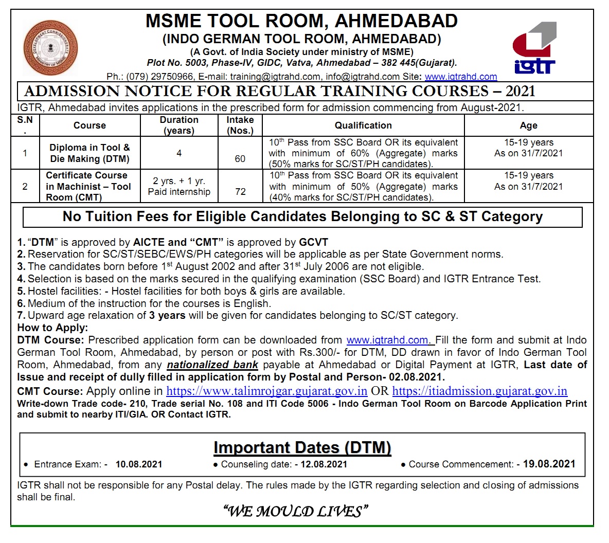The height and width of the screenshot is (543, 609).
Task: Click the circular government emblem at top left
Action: (x=50, y=48)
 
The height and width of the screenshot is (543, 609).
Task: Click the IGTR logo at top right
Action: (x=534, y=48)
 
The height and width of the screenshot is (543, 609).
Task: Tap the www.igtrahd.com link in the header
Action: (x=461, y=77)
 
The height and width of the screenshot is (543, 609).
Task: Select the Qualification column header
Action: (x=363, y=125)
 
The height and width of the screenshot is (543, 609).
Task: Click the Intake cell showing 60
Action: (x=240, y=158)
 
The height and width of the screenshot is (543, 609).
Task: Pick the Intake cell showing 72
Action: (x=240, y=191)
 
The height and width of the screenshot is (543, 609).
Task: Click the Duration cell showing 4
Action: (x=179, y=153)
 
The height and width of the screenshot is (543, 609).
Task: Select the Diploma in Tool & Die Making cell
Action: (x=89, y=153)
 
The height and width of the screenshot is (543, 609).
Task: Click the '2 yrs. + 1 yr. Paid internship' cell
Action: (x=179, y=186)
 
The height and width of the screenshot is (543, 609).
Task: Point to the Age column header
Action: (x=528, y=125)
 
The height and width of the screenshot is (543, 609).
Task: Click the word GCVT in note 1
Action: (x=314, y=242)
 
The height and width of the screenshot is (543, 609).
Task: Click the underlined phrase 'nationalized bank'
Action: (x=212, y=365)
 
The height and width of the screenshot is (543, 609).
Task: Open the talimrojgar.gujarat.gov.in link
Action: (x=267, y=391)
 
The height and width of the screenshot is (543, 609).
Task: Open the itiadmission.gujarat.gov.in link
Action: (x=479, y=391)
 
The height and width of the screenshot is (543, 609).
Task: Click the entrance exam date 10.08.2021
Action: (x=139, y=464)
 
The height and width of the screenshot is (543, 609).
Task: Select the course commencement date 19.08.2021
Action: (x=549, y=464)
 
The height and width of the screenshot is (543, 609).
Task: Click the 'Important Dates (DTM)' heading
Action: (x=302, y=447)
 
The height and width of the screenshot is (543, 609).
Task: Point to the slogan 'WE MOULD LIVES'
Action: (x=296, y=511)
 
